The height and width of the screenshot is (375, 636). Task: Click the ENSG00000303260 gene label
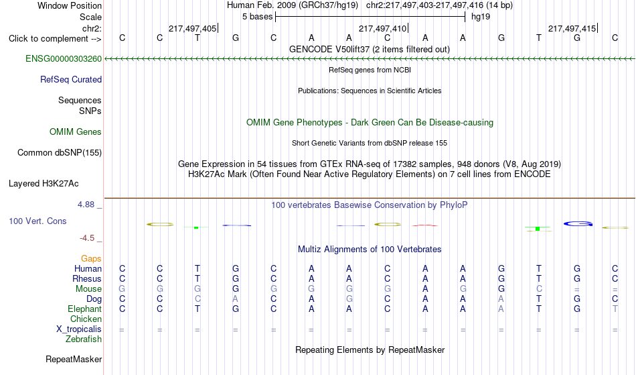click(64, 59)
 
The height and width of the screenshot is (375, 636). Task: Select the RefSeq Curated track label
click(70, 80)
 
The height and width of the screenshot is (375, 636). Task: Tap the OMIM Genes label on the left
click(75, 132)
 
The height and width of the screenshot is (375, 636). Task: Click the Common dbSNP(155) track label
click(59, 153)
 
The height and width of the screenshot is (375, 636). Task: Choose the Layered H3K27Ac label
click(44, 184)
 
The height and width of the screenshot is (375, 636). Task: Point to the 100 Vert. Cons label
click(37, 221)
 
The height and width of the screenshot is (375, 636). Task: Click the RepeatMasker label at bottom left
click(74, 359)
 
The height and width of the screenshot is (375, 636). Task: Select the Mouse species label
click(88, 289)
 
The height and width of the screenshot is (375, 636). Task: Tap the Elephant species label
click(84, 309)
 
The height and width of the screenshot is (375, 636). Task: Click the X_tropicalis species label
click(79, 329)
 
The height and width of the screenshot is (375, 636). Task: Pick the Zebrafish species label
click(84, 339)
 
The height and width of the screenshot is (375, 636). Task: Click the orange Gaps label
click(91, 259)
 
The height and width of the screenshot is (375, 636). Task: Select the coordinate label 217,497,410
click(382, 28)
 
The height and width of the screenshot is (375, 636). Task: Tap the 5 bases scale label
click(257, 17)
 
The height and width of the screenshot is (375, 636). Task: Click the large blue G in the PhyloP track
click(578, 224)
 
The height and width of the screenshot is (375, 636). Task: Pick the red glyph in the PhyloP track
click(424, 225)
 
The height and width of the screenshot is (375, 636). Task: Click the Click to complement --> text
click(55, 39)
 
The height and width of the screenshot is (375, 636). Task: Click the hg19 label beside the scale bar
click(480, 17)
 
